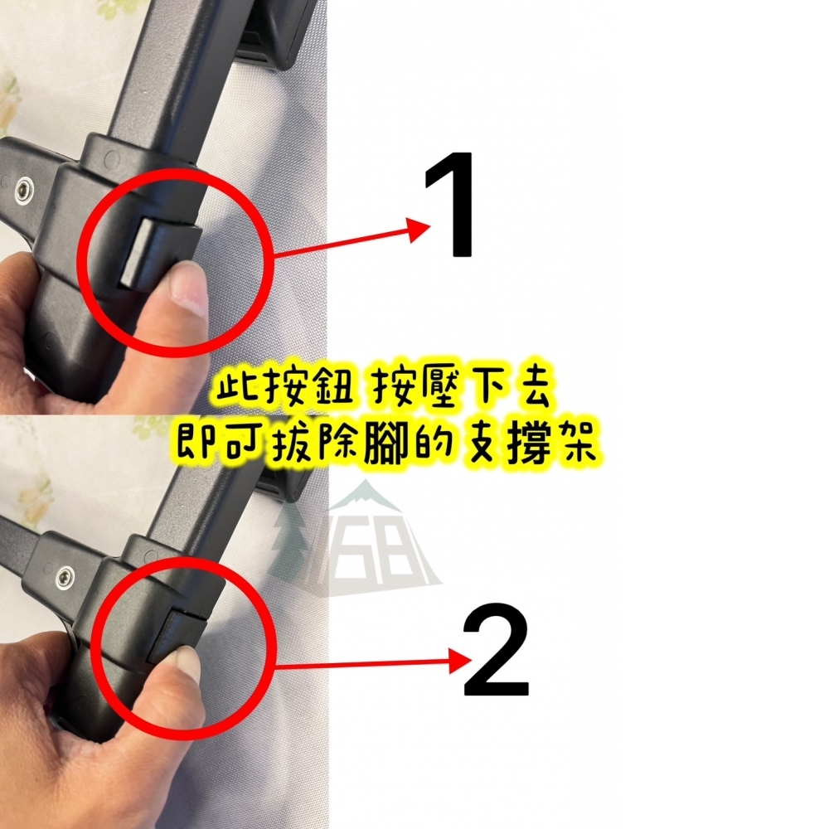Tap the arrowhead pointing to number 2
click(x=458, y=661)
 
